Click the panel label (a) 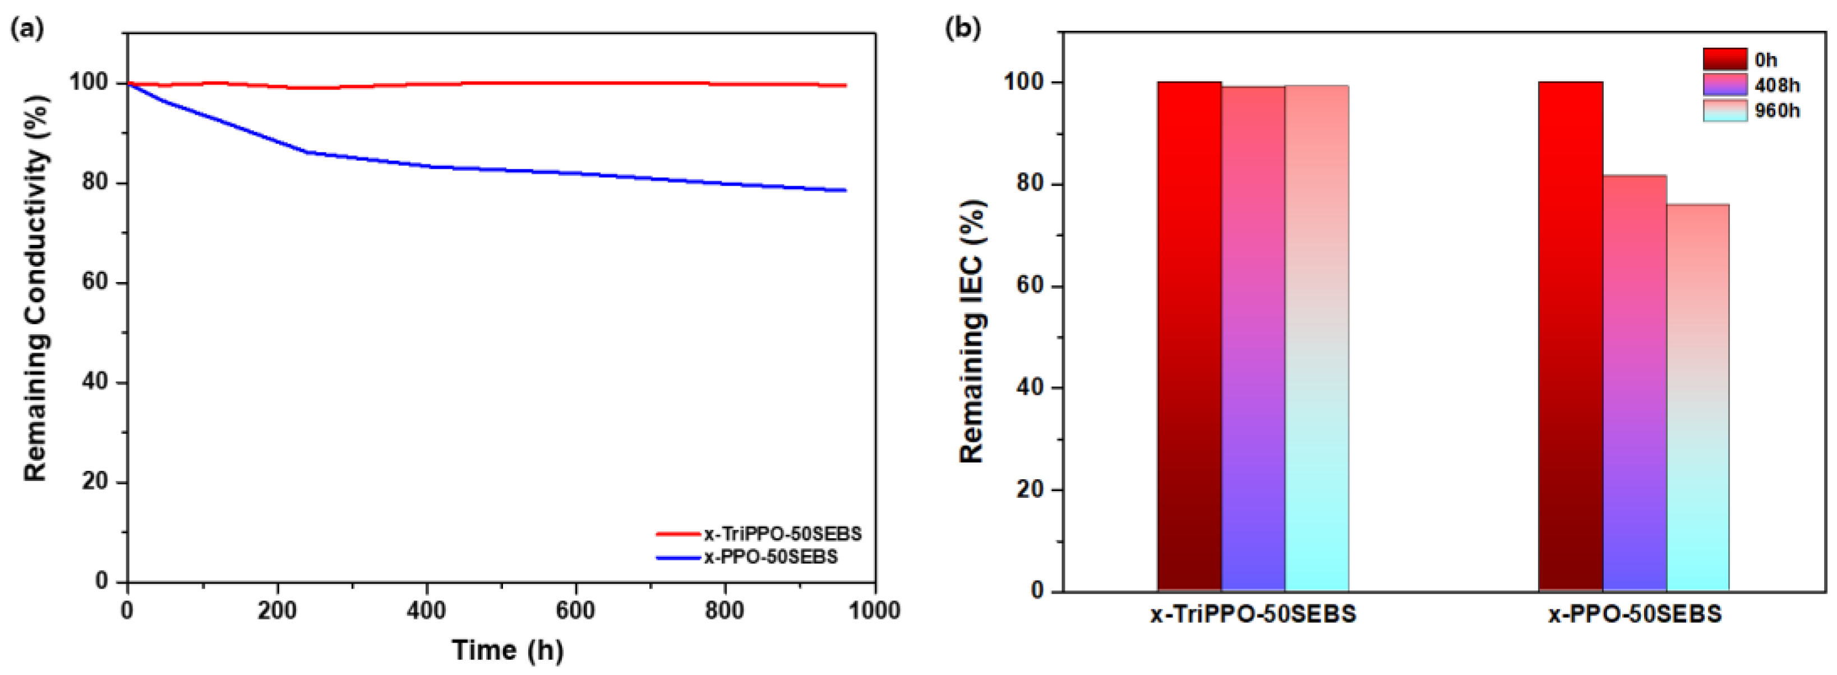pos(27,29)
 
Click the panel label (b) pos(962,29)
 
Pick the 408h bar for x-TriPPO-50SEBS pos(1253,339)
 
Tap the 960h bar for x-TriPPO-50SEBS pos(1317,339)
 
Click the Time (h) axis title pos(507,650)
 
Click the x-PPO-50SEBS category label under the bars pos(1635,614)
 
